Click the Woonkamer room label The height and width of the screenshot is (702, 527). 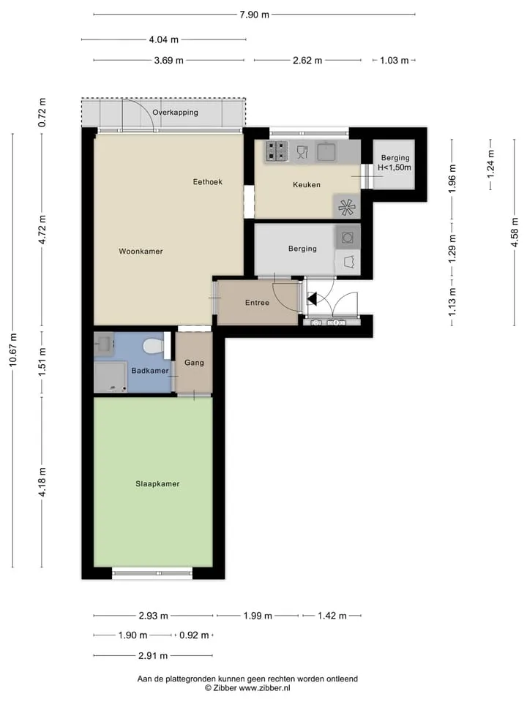click(141, 251)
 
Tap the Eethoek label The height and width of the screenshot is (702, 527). click(207, 182)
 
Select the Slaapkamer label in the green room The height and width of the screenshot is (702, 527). click(157, 484)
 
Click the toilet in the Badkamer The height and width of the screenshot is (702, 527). click(153, 346)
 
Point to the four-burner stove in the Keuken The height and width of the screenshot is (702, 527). click(277, 151)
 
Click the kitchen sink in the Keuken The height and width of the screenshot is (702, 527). click(326, 151)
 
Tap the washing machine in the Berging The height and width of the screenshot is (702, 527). click(348, 237)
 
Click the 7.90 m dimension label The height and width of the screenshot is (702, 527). click(254, 15)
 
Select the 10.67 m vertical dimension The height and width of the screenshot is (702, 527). click(13, 350)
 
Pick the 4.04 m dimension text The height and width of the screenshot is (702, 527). click(163, 39)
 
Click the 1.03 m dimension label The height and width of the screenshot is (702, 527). click(395, 61)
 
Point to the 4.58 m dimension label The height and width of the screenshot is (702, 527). click(515, 232)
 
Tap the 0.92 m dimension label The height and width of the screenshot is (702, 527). click(194, 635)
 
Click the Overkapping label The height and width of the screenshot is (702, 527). click(175, 113)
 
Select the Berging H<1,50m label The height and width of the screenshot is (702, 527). click(395, 162)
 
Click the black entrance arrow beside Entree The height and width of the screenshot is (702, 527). click(313, 298)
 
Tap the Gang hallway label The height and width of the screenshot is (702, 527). click(194, 363)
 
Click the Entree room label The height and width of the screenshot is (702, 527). click(257, 303)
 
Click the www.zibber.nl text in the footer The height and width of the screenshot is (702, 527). click(264, 687)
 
